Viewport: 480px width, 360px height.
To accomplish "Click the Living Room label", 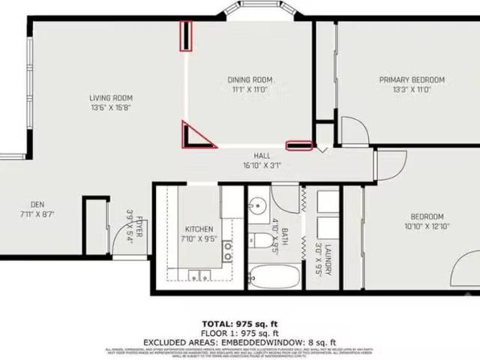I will [111, 97].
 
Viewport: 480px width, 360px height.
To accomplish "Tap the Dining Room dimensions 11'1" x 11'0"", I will [250, 89].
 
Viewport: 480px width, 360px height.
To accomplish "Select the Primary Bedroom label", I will [412, 79].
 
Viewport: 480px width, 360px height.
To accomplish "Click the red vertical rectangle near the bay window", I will [185, 36].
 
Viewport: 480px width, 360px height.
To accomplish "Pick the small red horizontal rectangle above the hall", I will [298, 145].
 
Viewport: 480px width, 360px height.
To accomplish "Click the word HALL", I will [262, 156].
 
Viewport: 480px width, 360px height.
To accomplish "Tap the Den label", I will [37, 204].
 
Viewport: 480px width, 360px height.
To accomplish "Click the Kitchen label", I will [199, 229].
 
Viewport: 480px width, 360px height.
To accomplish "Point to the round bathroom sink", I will [259, 206].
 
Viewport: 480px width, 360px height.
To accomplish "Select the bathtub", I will [274, 277].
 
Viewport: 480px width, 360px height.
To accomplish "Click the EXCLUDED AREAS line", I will [239, 341].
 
